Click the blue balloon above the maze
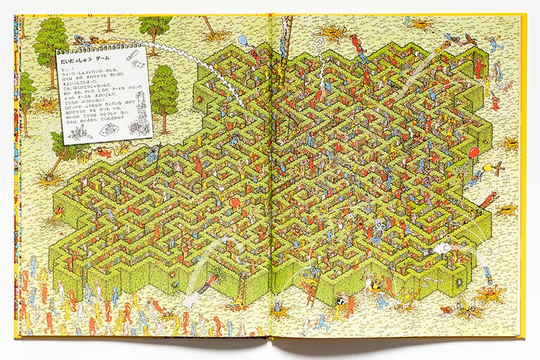tap(243, 39)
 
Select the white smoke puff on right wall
tap(440, 247)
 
